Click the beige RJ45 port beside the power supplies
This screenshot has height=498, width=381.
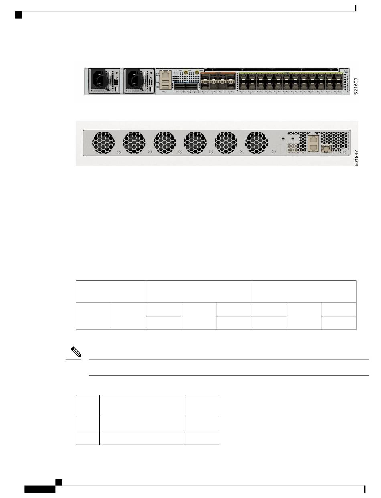point(165,75)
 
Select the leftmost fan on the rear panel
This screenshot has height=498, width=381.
point(103,143)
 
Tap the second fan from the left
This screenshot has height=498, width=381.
point(134,143)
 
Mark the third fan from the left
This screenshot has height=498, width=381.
point(164,143)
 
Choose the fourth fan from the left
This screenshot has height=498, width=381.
point(195,143)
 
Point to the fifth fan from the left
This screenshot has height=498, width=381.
point(226,143)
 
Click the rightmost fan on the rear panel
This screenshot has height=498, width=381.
point(256,143)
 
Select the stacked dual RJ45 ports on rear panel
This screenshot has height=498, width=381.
point(313,143)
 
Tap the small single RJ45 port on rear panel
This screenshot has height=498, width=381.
point(326,149)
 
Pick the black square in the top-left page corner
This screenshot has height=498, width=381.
point(18,15)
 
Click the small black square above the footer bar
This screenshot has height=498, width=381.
point(59,481)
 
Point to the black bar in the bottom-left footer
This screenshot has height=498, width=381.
point(40,489)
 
